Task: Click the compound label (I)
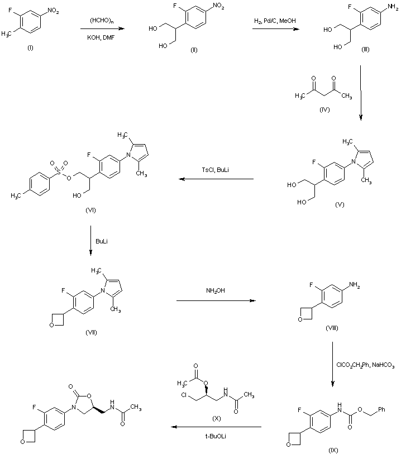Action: [x=30, y=48]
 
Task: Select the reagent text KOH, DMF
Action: [x=101, y=37]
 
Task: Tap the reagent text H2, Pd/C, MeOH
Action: [x=275, y=21]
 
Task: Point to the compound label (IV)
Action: [x=324, y=109]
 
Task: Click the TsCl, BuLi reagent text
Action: [x=216, y=170]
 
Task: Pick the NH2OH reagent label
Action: [x=216, y=291]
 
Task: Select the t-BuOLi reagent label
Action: [x=216, y=436]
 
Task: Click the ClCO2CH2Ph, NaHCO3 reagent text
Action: [x=365, y=365]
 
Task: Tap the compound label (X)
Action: [x=216, y=419]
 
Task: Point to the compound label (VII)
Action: [x=91, y=332]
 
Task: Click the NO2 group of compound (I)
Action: [x=53, y=11]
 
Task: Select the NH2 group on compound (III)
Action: [x=393, y=7]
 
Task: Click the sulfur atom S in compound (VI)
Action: [x=59, y=172]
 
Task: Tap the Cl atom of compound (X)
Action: [x=184, y=395]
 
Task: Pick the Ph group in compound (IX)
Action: [x=381, y=409]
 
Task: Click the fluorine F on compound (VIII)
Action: [x=311, y=285]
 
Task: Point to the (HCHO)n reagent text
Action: [x=101, y=21]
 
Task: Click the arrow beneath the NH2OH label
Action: [x=216, y=300]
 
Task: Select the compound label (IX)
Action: [x=333, y=450]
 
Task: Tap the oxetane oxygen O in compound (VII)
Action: [x=51, y=325]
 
